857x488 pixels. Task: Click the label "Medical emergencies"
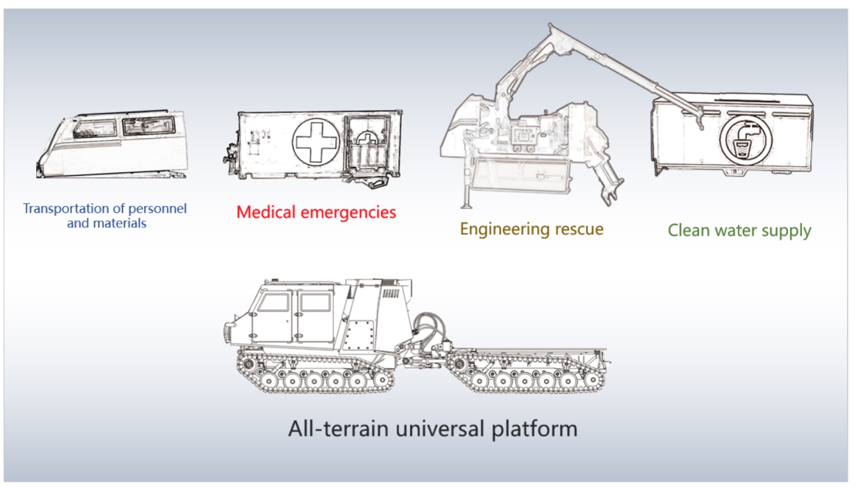pos(316,213)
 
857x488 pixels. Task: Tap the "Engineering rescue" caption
pos(532,229)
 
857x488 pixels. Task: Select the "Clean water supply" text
pos(739,230)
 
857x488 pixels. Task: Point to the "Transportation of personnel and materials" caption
pos(105,216)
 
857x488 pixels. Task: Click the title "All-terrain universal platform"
pos(433,429)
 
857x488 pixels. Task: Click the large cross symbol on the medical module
pos(315,142)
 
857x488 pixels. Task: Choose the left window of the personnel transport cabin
pos(94,129)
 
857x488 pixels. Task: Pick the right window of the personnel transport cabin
pos(148,126)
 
